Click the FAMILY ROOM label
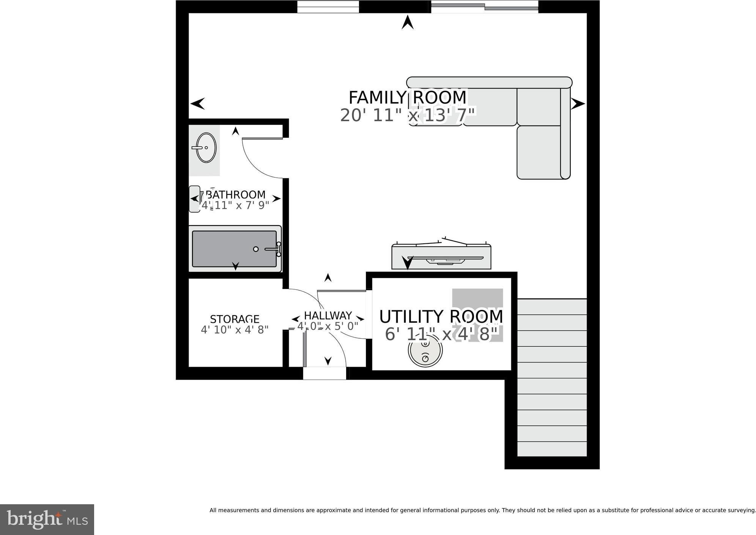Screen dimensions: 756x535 tap(407, 98)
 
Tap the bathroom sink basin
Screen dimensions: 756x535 tap(206, 148)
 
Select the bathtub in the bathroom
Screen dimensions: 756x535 tap(235, 249)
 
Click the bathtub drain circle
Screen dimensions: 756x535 tap(256, 249)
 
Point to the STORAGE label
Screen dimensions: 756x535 tap(235, 319)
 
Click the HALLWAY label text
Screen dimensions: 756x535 tap(328, 316)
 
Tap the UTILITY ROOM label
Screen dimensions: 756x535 tap(441, 316)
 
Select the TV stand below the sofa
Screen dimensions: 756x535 tap(441, 257)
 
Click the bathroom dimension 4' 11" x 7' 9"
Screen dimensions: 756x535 tap(235, 205)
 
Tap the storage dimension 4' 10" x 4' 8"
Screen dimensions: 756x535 tap(235, 330)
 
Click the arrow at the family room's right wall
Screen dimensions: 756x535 tap(578, 103)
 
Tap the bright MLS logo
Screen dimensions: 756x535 tap(47, 519)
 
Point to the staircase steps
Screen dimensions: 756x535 tap(552, 377)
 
